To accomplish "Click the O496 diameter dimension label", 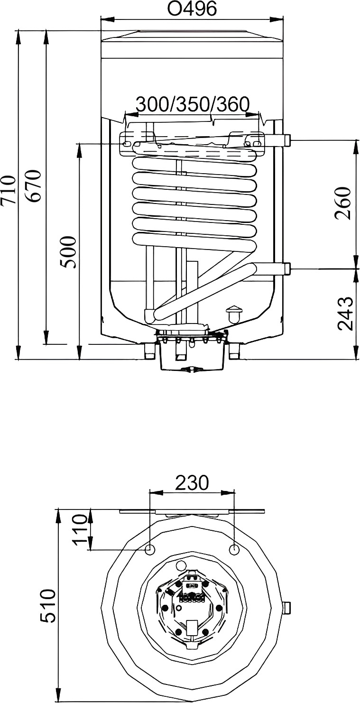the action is pos(192,9).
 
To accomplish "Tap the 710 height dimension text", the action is pos(8,190).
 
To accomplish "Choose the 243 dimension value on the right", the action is pos(345,313).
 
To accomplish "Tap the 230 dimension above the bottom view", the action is pos(192,482).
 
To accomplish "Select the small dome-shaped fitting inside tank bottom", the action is pos(234,315).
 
